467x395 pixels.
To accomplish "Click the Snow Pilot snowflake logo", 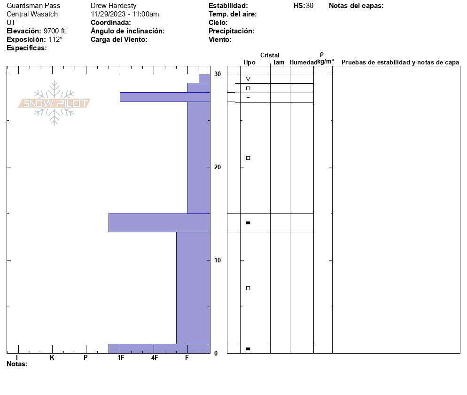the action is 54,103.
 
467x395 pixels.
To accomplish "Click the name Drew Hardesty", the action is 114,6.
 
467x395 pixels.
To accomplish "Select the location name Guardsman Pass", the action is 33,6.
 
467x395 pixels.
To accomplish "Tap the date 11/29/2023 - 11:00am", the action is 125,14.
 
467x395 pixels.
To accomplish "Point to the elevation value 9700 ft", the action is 54,31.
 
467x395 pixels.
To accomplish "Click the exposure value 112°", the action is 55,39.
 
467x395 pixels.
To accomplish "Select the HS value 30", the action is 310,6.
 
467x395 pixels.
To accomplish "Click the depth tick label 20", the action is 218,167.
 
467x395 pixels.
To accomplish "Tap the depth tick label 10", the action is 218,260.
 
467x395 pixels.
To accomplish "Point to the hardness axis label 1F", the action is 121,357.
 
